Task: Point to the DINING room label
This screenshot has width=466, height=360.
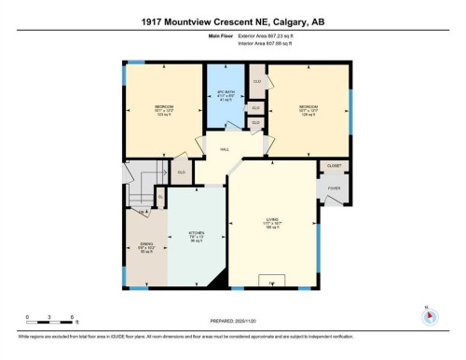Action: tap(146, 247)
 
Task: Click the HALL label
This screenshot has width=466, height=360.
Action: tap(225, 149)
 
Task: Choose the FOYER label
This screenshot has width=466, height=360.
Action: tap(334, 187)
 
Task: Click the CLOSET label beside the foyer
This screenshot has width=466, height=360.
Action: tap(334, 165)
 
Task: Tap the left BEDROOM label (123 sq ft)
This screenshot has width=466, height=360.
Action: tap(164, 110)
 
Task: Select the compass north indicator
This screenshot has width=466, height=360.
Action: tap(429, 314)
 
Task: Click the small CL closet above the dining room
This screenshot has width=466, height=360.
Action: tap(160, 197)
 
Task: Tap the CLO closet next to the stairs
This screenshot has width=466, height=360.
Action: tap(181, 171)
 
